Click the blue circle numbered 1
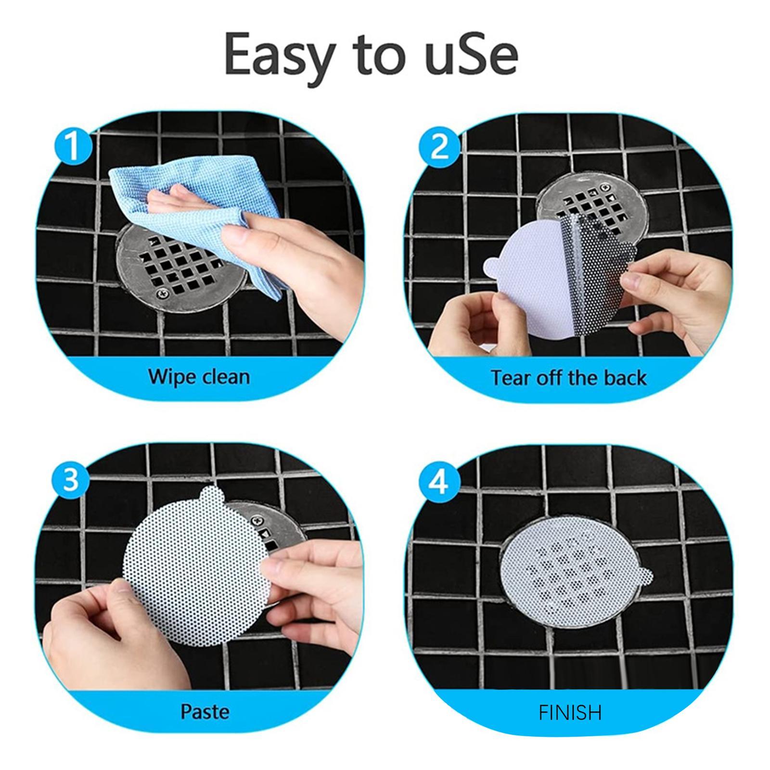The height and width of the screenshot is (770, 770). [x=73, y=146]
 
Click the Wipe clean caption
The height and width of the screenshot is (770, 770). [x=199, y=376]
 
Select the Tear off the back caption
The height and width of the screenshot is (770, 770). [x=568, y=378]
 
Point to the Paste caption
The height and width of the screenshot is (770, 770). [x=204, y=711]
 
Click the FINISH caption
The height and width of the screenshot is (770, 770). [x=570, y=712]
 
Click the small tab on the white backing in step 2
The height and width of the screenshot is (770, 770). [x=491, y=265]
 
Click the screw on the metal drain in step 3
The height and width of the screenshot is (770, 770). [x=256, y=520]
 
